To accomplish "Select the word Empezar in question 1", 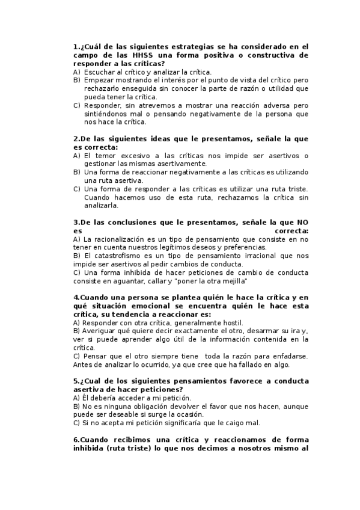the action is click(100, 80).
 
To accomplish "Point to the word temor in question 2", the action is click(103, 156).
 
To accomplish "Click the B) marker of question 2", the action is click(77, 173).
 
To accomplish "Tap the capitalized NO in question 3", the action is click(302, 223).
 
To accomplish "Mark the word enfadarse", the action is click(288, 357).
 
